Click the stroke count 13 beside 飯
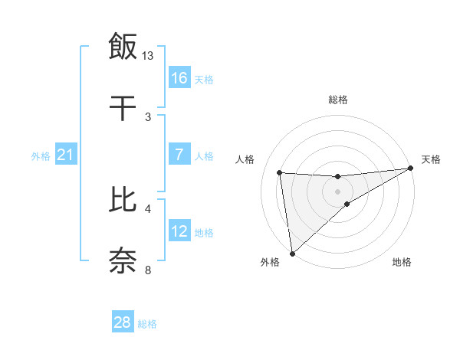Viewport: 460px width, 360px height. [x=148, y=56]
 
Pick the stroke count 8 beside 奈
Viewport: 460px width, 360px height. [x=148, y=270]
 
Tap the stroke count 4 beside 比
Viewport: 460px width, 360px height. [x=148, y=208]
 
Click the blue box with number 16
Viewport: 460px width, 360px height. [x=179, y=78]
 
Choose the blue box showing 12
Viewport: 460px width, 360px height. [x=179, y=232]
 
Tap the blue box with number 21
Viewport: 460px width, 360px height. [x=66, y=155]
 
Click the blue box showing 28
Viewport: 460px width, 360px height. [x=123, y=322]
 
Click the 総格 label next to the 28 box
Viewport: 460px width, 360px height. [x=147, y=324]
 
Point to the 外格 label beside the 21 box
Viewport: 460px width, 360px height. [x=41, y=156]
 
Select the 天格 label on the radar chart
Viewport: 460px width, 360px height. [x=431, y=159]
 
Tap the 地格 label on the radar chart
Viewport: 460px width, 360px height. [x=402, y=262]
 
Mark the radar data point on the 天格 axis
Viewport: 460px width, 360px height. [x=411, y=169]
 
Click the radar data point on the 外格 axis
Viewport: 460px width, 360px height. [x=292, y=253]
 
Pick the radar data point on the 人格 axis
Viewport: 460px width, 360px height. [x=280, y=172]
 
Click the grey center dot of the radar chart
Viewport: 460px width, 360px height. [x=337, y=191]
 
